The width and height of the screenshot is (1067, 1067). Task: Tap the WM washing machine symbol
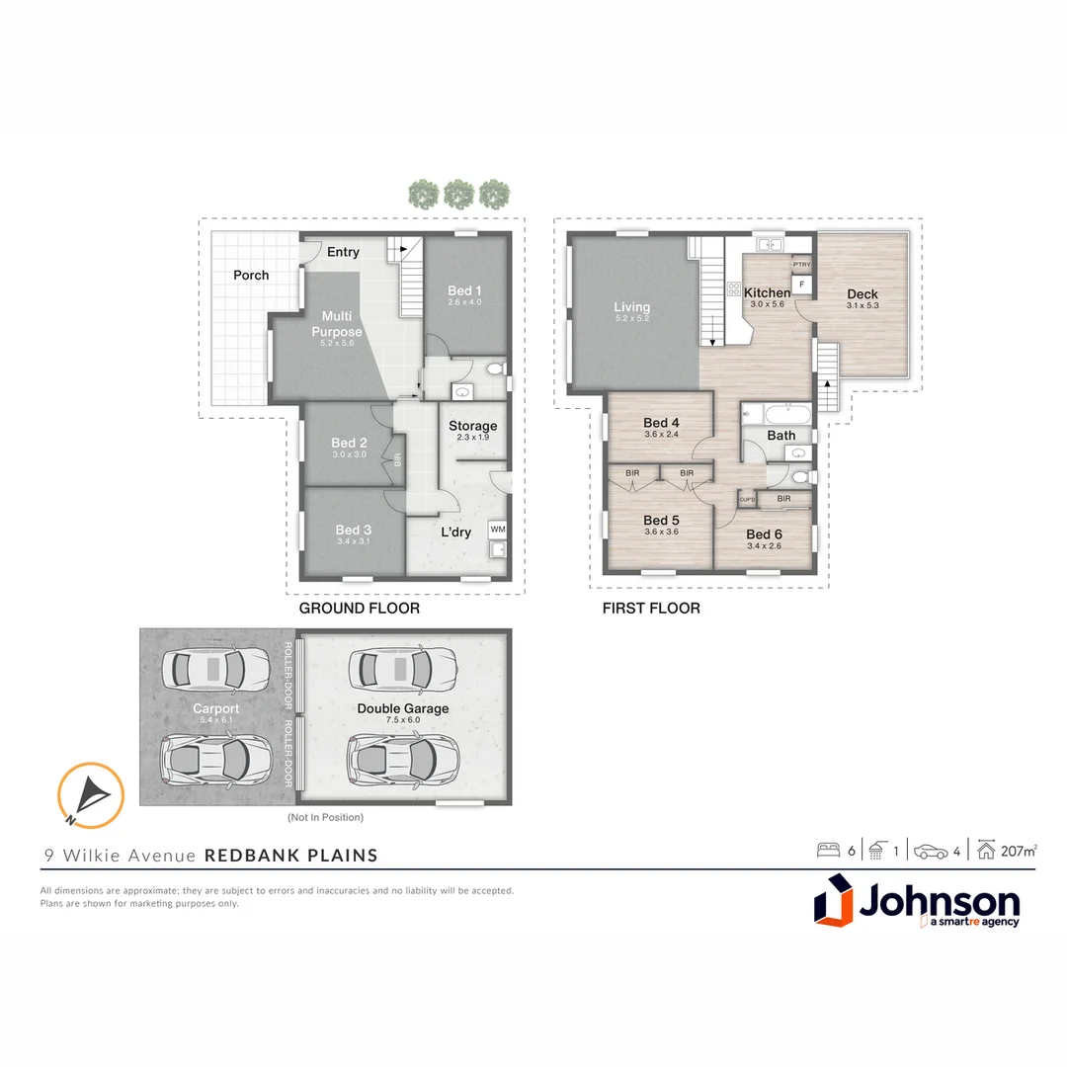pyautogui.click(x=497, y=529)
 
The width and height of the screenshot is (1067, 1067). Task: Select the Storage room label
pyautogui.click(x=473, y=427)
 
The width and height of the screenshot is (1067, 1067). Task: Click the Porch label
pyautogui.click(x=251, y=276)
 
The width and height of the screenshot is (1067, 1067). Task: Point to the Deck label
pyautogui.click(x=862, y=294)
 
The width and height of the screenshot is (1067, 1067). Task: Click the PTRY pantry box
pyautogui.click(x=801, y=265)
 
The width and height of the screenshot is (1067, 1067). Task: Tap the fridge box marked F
pyautogui.click(x=801, y=284)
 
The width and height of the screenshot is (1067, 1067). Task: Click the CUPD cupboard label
pyautogui.click(x=748, y=500)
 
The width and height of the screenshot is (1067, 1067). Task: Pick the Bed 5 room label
pyautogui.click(x=660, y=521)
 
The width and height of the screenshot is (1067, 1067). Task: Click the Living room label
pyautogui.click(x=632, y=308)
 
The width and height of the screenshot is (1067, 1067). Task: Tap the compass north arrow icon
pyautogui.click(x=91, y=793)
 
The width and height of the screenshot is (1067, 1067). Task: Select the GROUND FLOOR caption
pyautogui.click(x=360, y=609)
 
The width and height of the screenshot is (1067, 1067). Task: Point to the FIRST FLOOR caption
pyautogui.click(x=651, y=609)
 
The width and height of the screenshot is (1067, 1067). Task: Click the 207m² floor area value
pyautogui.click(x=1019, y=850)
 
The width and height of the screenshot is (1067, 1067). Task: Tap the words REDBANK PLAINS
pyautogui.click(x=291, y=856)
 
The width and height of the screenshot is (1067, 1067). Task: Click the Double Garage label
pyautogui.click(x=403, y=708)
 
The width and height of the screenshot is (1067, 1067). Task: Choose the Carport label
pyautogui.click(x=216, y=708)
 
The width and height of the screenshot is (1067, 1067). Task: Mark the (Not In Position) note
pyautogui.click(x=326, y=818)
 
